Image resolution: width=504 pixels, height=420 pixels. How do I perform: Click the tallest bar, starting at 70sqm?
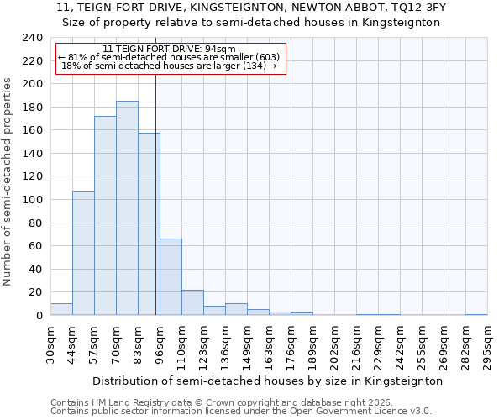point(127,208)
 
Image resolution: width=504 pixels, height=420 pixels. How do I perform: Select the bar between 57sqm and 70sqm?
point(105,216)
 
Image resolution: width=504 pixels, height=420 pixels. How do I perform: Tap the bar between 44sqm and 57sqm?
point(83,253)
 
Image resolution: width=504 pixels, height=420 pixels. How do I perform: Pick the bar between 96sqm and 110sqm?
point(171,277)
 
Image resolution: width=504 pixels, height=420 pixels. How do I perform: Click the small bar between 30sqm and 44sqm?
point(61,309)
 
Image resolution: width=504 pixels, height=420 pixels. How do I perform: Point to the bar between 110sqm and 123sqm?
point(192,302)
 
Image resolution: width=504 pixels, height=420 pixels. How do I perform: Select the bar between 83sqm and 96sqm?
point(149,224)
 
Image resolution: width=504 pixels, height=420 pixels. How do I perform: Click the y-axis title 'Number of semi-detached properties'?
point(8,181)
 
